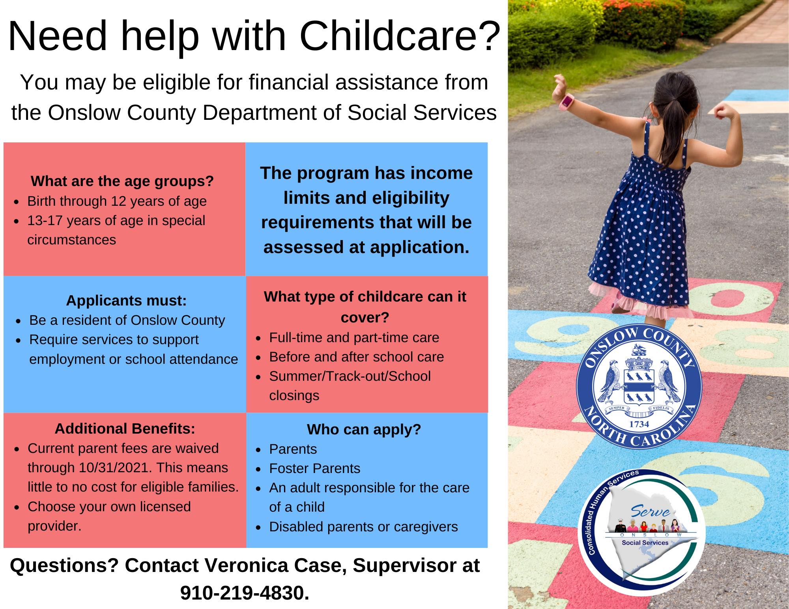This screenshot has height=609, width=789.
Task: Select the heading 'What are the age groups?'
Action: (x=122, y=181)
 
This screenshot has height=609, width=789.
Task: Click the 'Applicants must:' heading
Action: (x=126, y=300)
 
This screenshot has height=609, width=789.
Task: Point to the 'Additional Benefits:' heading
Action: (x=125, y=428)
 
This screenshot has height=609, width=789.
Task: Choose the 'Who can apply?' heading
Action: (x=364, y=429)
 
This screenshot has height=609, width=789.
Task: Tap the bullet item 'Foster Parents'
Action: (x=314, y=468)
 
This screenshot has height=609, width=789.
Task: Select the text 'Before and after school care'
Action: (x=356, y=357)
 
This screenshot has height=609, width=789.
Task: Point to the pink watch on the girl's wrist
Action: (x=566, y=102)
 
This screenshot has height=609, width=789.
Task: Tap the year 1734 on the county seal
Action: (x=639, y=424)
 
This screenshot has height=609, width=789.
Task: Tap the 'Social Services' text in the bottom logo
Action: (x=645, y=543)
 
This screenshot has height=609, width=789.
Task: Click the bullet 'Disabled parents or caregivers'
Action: (x=363, y=527)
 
